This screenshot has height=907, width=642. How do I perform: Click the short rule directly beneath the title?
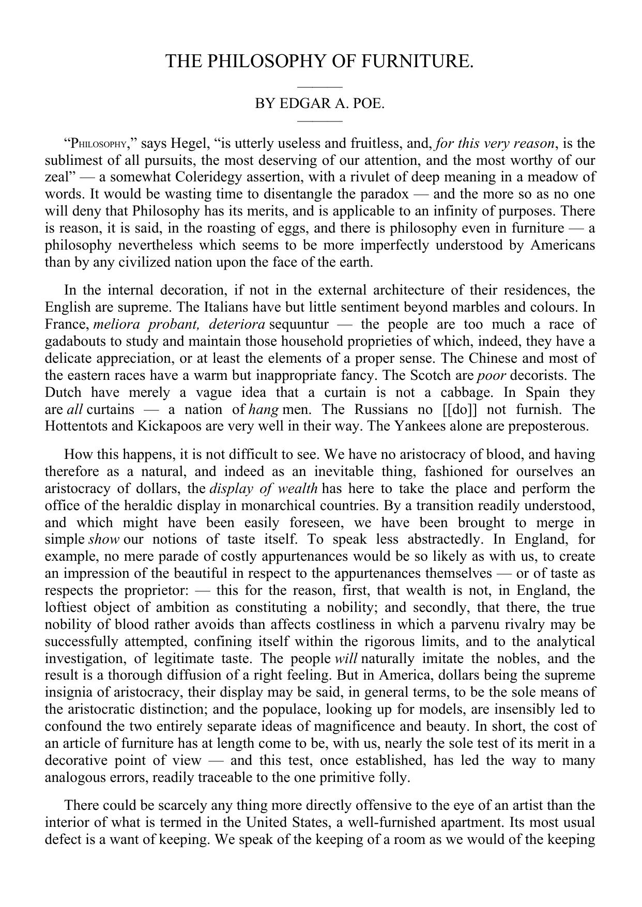coord(320,87)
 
